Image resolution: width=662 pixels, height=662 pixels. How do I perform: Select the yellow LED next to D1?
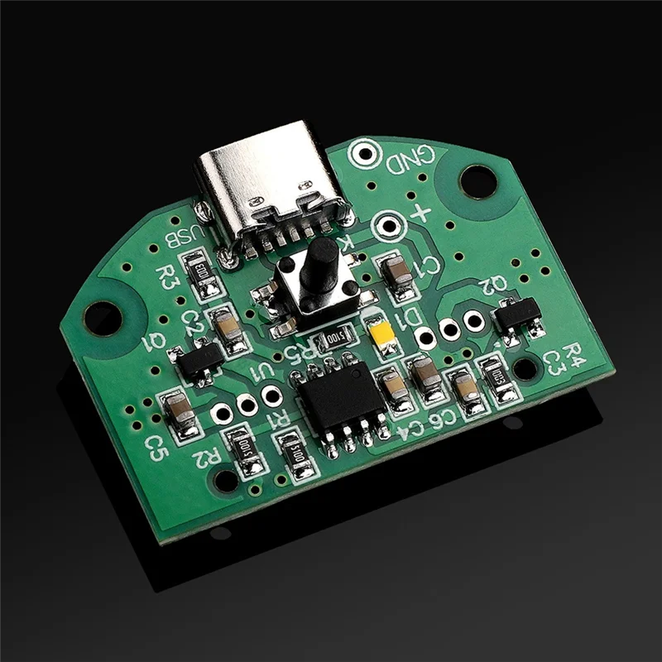pyautogui.click(x=382, y=333)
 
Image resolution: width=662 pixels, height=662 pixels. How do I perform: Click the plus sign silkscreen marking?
pyautogui.click(x=420, y=213)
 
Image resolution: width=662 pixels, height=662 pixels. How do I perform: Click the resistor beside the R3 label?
pyautogui.click(x=203, y=273)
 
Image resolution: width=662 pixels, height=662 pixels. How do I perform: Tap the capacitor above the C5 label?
pyautogui.click(x=180, y=414)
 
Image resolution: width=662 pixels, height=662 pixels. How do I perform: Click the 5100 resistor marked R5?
pyautogui.click(x=333, y=336)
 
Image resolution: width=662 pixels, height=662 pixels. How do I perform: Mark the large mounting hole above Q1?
pyautogui.click(x=102, y=318)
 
